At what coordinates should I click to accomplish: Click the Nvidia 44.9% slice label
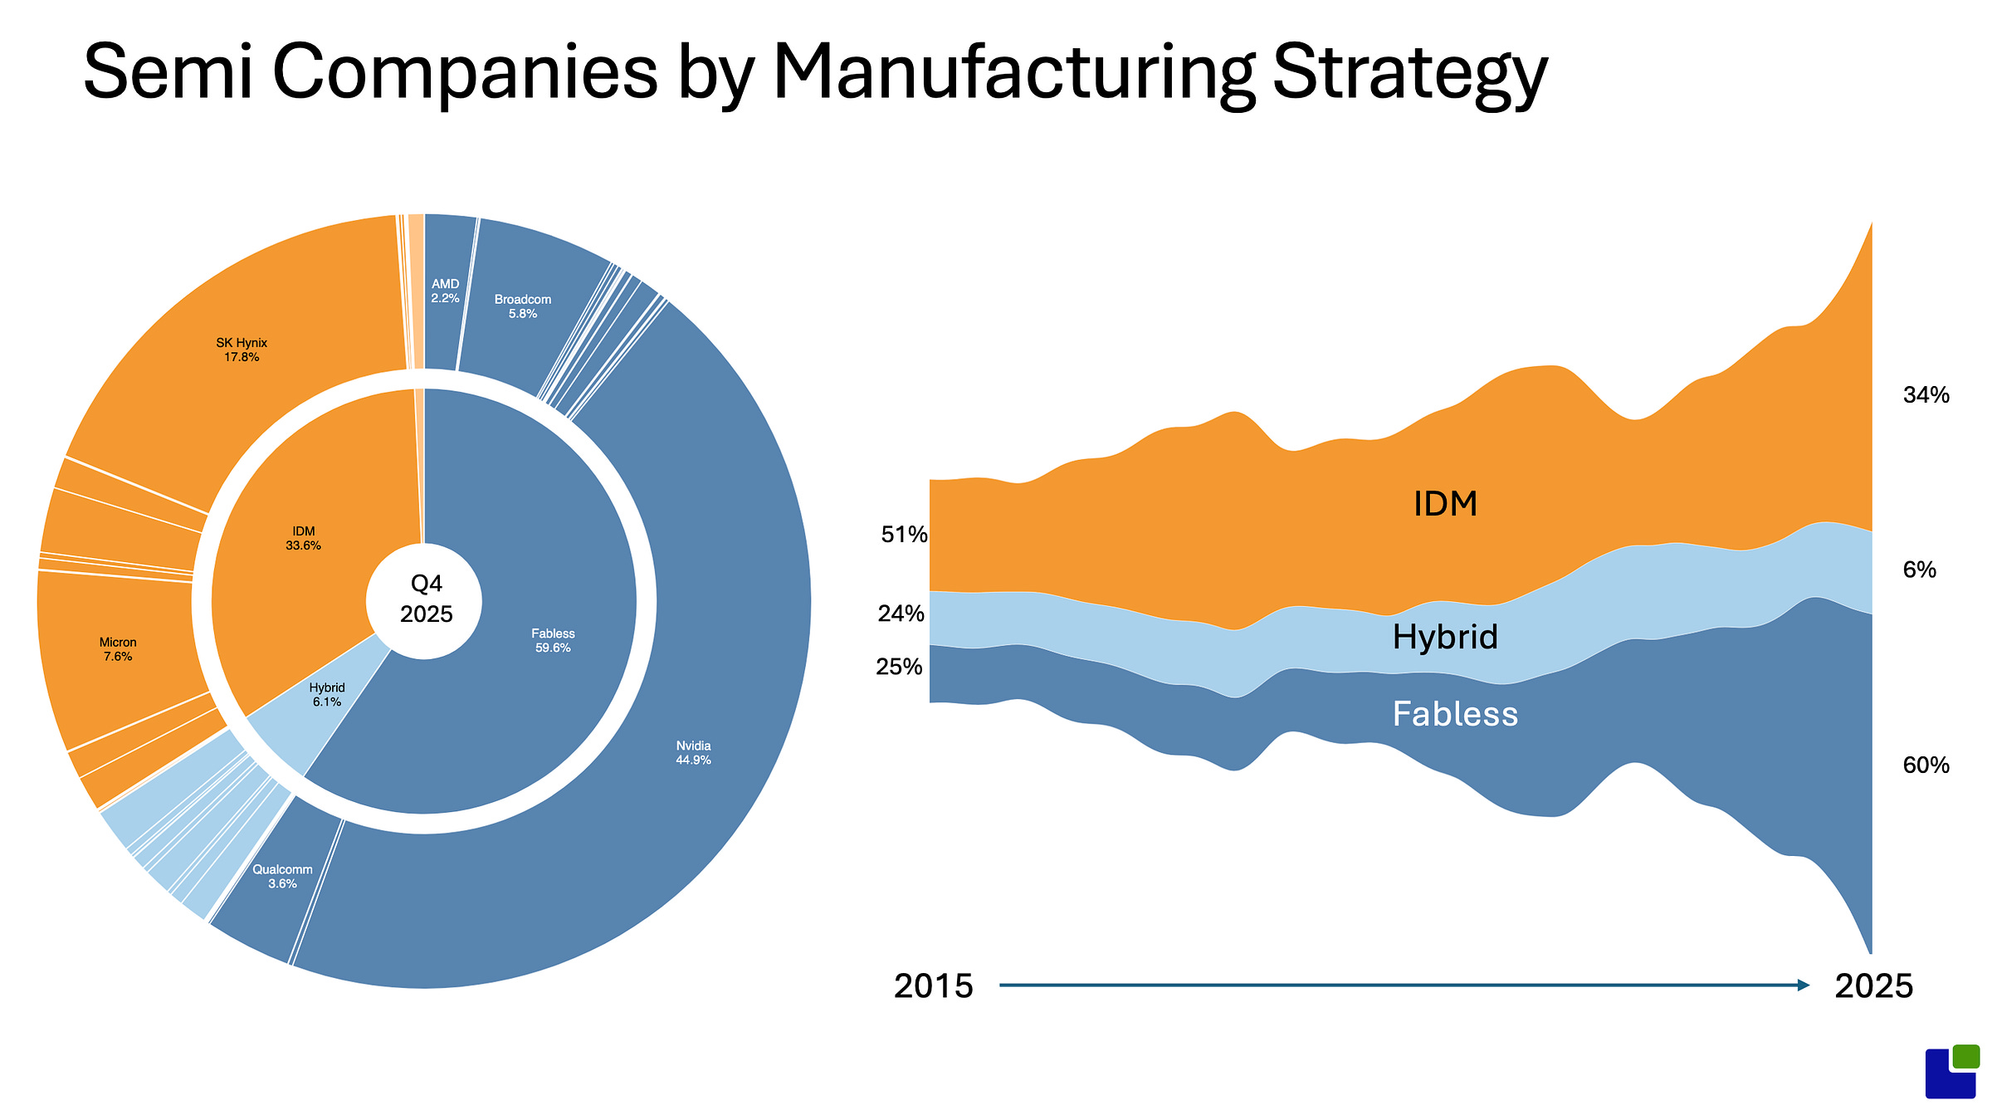pyautogui.click(x=693, y=753)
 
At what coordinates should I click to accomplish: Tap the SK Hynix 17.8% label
pyautogui.click(x=242, y=350)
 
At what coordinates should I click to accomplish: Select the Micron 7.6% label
pyautogui.click(x=118, y=649)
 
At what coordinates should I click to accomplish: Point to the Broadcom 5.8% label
pyautogui.click(x=523, y=306)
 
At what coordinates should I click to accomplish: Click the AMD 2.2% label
pyautogui.click(x=445, y=291)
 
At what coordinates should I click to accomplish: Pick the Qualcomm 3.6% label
pyautogui.click(x=282, y=876)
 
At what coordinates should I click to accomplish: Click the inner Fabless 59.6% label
pyautogui.click(x=553, y=640)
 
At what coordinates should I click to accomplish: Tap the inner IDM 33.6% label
pyautogui.click(x=303, y=538)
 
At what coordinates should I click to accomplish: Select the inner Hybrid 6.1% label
pyautogui.click(x=327, y=694)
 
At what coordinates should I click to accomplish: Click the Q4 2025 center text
pyautogui.click(x=427, y=599)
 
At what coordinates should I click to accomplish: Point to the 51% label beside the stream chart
pyautogui.click(x=904, y=534)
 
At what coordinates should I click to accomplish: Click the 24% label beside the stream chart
pyautogui.click(x=901, y=613)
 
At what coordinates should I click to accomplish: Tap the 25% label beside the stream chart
pyautogui.click(x=899, y=666)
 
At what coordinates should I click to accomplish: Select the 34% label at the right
pyautogui.click(x=1926, y=394)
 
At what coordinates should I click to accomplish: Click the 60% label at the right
pyautogui.click(x=1926, y=765)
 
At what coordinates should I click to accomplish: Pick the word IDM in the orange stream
pyautogui.click(x=1445, y=504)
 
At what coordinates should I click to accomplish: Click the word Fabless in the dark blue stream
pyautogui.click(x=1455, y=714)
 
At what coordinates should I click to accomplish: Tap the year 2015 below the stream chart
pyautogui.click(x=933, y=985)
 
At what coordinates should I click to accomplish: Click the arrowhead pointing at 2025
pyautogui.click(x=1803, y=985)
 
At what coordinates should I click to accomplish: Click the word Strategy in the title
pyautogui.click(x=1409, y=73)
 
